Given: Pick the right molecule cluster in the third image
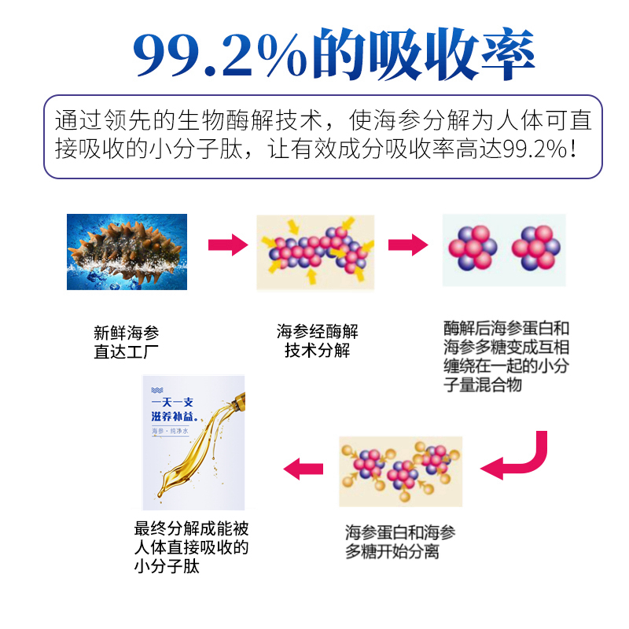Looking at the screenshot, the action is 535,248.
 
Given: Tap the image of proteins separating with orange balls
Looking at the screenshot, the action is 401,470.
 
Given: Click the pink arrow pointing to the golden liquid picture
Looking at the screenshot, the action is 303,470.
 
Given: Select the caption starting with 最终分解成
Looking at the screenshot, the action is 192,546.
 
